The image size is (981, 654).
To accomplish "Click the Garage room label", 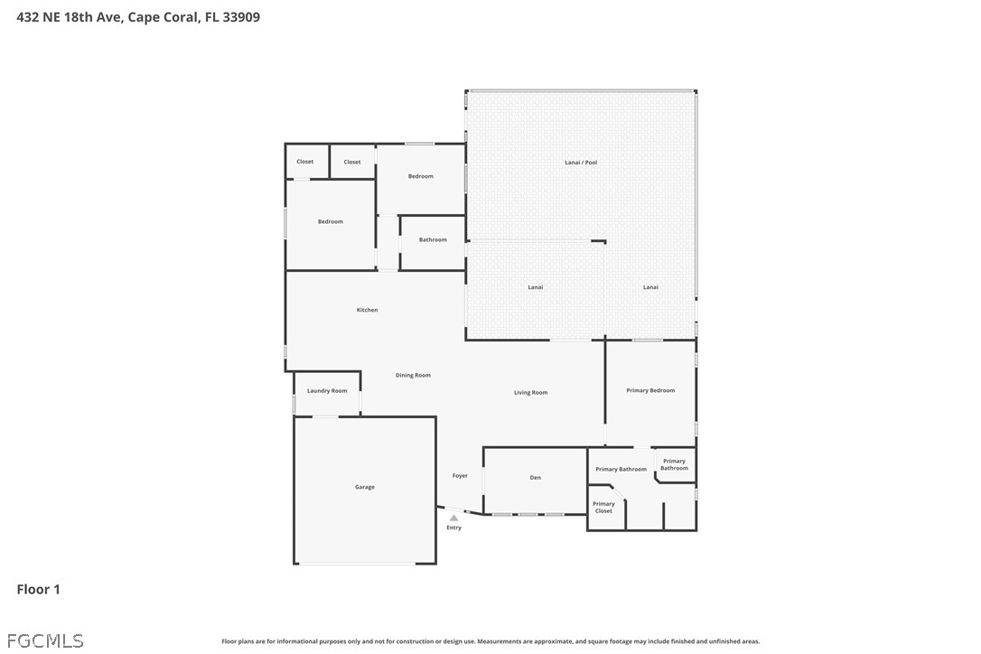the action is (365, 487).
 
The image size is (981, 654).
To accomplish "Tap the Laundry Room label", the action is (327, 390).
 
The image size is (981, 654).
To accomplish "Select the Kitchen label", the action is (368, 310).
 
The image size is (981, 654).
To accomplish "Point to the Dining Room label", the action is (413, 376).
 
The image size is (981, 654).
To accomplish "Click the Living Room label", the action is (530, 392).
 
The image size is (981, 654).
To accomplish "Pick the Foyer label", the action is (460, 476).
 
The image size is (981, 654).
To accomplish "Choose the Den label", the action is (536, 478).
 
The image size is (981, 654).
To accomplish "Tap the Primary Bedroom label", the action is (650, 390).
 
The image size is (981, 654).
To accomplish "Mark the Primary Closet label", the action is (603, 508).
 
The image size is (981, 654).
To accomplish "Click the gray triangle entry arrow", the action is (453, 519).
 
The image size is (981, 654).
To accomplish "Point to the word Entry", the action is (453, 528).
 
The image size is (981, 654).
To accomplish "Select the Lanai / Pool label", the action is (581, 163).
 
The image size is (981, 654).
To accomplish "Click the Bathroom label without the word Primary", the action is (433, 239).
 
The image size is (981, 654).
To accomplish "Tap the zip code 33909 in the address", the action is (241, 17).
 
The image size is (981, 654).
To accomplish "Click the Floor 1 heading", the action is (38, 589).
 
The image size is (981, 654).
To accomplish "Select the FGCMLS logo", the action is (45, 640).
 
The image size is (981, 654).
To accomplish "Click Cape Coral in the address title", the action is (163, 17).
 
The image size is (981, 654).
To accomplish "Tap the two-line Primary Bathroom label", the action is (675, 464).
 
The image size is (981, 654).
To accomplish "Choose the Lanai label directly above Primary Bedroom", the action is (650, 287).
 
